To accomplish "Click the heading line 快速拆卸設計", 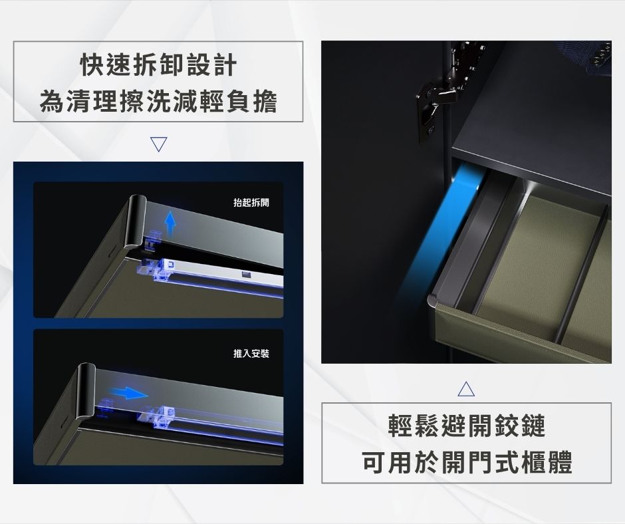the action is point(159,65).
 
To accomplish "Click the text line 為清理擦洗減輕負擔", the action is point(159,101).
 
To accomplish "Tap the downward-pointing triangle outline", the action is point(159,144).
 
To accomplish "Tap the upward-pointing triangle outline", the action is point(466,388).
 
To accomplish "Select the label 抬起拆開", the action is point(251,203).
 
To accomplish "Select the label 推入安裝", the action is point(251,353).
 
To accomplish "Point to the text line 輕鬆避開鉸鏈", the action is point(466,426).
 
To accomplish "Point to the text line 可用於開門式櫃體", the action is point(466,462).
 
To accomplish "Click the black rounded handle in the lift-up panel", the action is point(135,221).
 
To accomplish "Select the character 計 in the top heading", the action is point(225,65).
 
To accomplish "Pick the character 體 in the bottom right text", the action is point(560,462).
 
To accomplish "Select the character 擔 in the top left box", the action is point(265,101).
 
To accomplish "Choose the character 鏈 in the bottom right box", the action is point(533,426).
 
